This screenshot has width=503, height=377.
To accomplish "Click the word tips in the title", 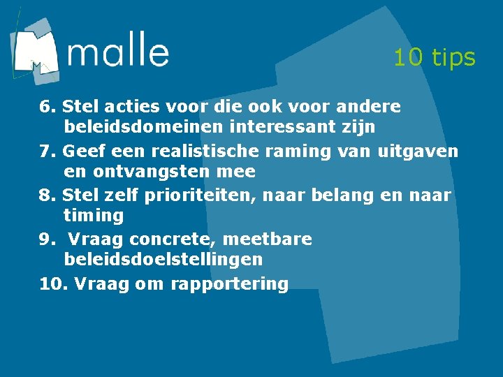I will (x=454, y=57).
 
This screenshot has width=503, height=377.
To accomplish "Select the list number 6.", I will (x=47, y=107).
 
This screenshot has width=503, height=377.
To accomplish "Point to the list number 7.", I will (x=47, y=151).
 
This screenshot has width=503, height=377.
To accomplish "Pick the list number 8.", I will (x=47, y=195).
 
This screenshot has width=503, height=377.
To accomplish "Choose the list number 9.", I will (x=47, y=239).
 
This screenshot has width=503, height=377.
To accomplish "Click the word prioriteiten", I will (x=200, y=195).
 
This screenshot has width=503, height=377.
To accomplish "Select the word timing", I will (x=93, y=216).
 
